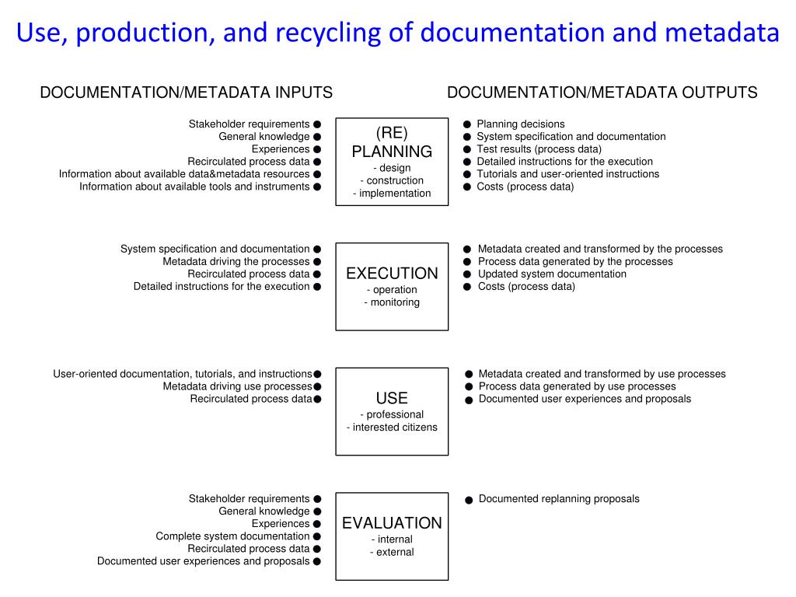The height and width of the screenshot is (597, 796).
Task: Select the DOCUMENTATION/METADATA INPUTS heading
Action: tap(186, 93)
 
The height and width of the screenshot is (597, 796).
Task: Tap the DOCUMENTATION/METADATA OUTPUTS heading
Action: tap(602, 93)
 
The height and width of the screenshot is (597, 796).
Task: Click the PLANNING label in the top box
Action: tap(392, 152)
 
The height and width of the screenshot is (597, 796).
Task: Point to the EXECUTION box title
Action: tap(392, 274)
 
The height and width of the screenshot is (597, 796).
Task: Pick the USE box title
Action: tap(392, 398)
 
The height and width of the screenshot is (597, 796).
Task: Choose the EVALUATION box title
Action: tap(392, 523)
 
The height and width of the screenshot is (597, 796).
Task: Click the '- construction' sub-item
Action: tap(392, 180)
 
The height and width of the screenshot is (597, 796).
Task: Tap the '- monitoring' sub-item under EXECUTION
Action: tap(392, 302)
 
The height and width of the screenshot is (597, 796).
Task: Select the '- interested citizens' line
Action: tap(392, 427)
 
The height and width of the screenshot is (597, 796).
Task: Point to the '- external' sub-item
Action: tap(392, 552)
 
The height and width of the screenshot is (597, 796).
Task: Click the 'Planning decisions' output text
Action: tap(520, 124)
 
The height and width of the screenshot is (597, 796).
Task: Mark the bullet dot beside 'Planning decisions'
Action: tap(467, 124)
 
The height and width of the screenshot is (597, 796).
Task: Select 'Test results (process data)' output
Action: tap(539, 148)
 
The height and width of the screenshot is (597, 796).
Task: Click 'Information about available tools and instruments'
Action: tap(194, 187)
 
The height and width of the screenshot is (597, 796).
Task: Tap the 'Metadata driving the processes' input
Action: tap(236, 261)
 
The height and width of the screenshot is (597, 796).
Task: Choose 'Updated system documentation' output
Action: tap(552, 274)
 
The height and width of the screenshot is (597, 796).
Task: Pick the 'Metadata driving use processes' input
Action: tap(237, 386)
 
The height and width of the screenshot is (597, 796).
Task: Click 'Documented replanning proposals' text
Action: tap(559, 498)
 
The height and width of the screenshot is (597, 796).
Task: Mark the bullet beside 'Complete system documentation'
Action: tap(317, 536)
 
